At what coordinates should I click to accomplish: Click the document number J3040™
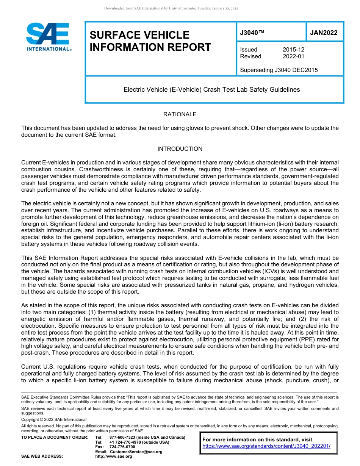pos(252,33)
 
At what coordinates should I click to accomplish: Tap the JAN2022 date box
pos(324,33)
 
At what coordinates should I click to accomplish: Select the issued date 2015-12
pos(293,50)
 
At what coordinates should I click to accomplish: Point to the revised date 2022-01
pos(293,56)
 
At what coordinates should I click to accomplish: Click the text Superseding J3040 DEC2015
pos(279,70)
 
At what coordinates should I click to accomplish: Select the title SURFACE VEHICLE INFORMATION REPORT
pos(150,41)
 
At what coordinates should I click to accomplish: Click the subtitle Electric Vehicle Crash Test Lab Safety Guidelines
pos(211,90)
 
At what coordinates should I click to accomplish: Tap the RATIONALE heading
pos(180,114)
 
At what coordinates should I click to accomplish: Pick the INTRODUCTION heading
pos(180,149)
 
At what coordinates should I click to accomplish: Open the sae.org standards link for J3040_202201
pos(266,446)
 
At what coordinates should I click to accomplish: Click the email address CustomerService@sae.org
pos(135,452)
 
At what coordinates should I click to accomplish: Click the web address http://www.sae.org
pos(113,457)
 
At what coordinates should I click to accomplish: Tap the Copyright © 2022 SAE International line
pos(54,419)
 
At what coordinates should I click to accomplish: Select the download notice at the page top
pos(171,8)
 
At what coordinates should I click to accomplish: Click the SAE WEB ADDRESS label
pos(42,457)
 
